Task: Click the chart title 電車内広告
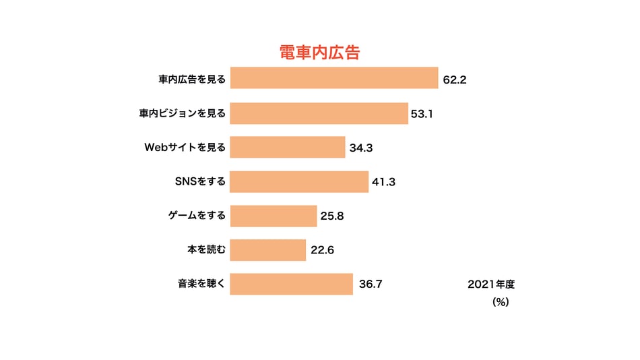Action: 320,53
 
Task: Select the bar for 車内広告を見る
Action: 334,78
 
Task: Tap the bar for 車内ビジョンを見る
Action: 319,113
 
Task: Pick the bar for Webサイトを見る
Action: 288,147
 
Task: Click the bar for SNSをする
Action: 299,182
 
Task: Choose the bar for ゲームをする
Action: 274,216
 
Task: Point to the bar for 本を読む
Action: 268,250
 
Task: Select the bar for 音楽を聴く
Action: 292,284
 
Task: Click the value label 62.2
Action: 455,80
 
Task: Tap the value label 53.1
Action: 422,114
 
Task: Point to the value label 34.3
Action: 361,148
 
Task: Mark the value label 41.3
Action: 384,182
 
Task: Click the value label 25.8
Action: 333,216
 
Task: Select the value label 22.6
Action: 322,251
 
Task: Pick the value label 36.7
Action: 371,284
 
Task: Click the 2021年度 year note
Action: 491,284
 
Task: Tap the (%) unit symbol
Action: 501,303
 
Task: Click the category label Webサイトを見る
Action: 185,147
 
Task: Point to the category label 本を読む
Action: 206,250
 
